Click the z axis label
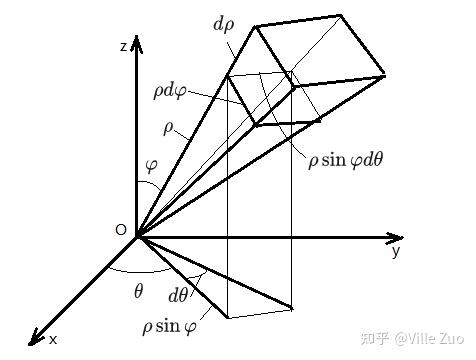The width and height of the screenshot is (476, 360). point(124,47)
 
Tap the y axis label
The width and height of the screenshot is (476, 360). point(395,252)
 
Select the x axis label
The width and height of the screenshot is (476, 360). point(53,340)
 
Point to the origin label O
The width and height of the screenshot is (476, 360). point(121,230)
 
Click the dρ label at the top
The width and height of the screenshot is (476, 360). point(224,25)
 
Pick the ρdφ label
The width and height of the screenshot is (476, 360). point(170,91)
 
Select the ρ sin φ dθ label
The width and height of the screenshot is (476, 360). point(345,161)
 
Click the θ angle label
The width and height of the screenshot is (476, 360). point(138,292)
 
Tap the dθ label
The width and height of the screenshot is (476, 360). point(178,295)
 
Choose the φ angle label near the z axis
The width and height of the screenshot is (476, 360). point(151,165)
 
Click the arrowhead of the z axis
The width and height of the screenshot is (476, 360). point(136,43)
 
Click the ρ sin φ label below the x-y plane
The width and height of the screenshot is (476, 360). point(169,326)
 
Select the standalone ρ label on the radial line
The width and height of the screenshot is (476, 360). point(168,129)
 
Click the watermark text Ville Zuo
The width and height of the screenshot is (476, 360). point(429,339)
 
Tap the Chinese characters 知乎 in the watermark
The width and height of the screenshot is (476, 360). point(375,339)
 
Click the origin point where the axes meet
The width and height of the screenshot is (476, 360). point(136,237)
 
